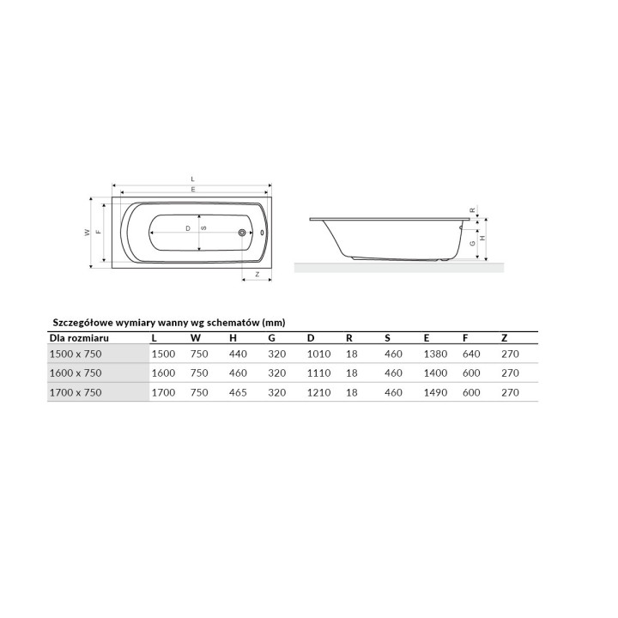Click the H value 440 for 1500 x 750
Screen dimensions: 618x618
pyautogui.click(x=238, y=354)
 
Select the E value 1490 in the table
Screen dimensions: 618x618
pyautogui.click(x=435, y=392)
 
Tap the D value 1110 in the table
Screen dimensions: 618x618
pyautogui.click(x=318, y=373)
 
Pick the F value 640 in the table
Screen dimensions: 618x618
pyautogui.click(x=471, y=354)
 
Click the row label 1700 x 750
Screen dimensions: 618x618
pyautogui.click(x=76, y=392)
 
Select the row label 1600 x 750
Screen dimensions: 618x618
pyautogui.click(x=76, y=373)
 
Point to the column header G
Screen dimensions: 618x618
pyautogui.click(x=271, y=338)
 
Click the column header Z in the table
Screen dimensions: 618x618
pyautogui.click(x=505, y=338)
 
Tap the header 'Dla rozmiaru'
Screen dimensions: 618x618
pyautogui.click(x=79, y=338)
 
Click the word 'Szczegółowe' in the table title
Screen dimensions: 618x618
pyautogui.click(x=83, y=323)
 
